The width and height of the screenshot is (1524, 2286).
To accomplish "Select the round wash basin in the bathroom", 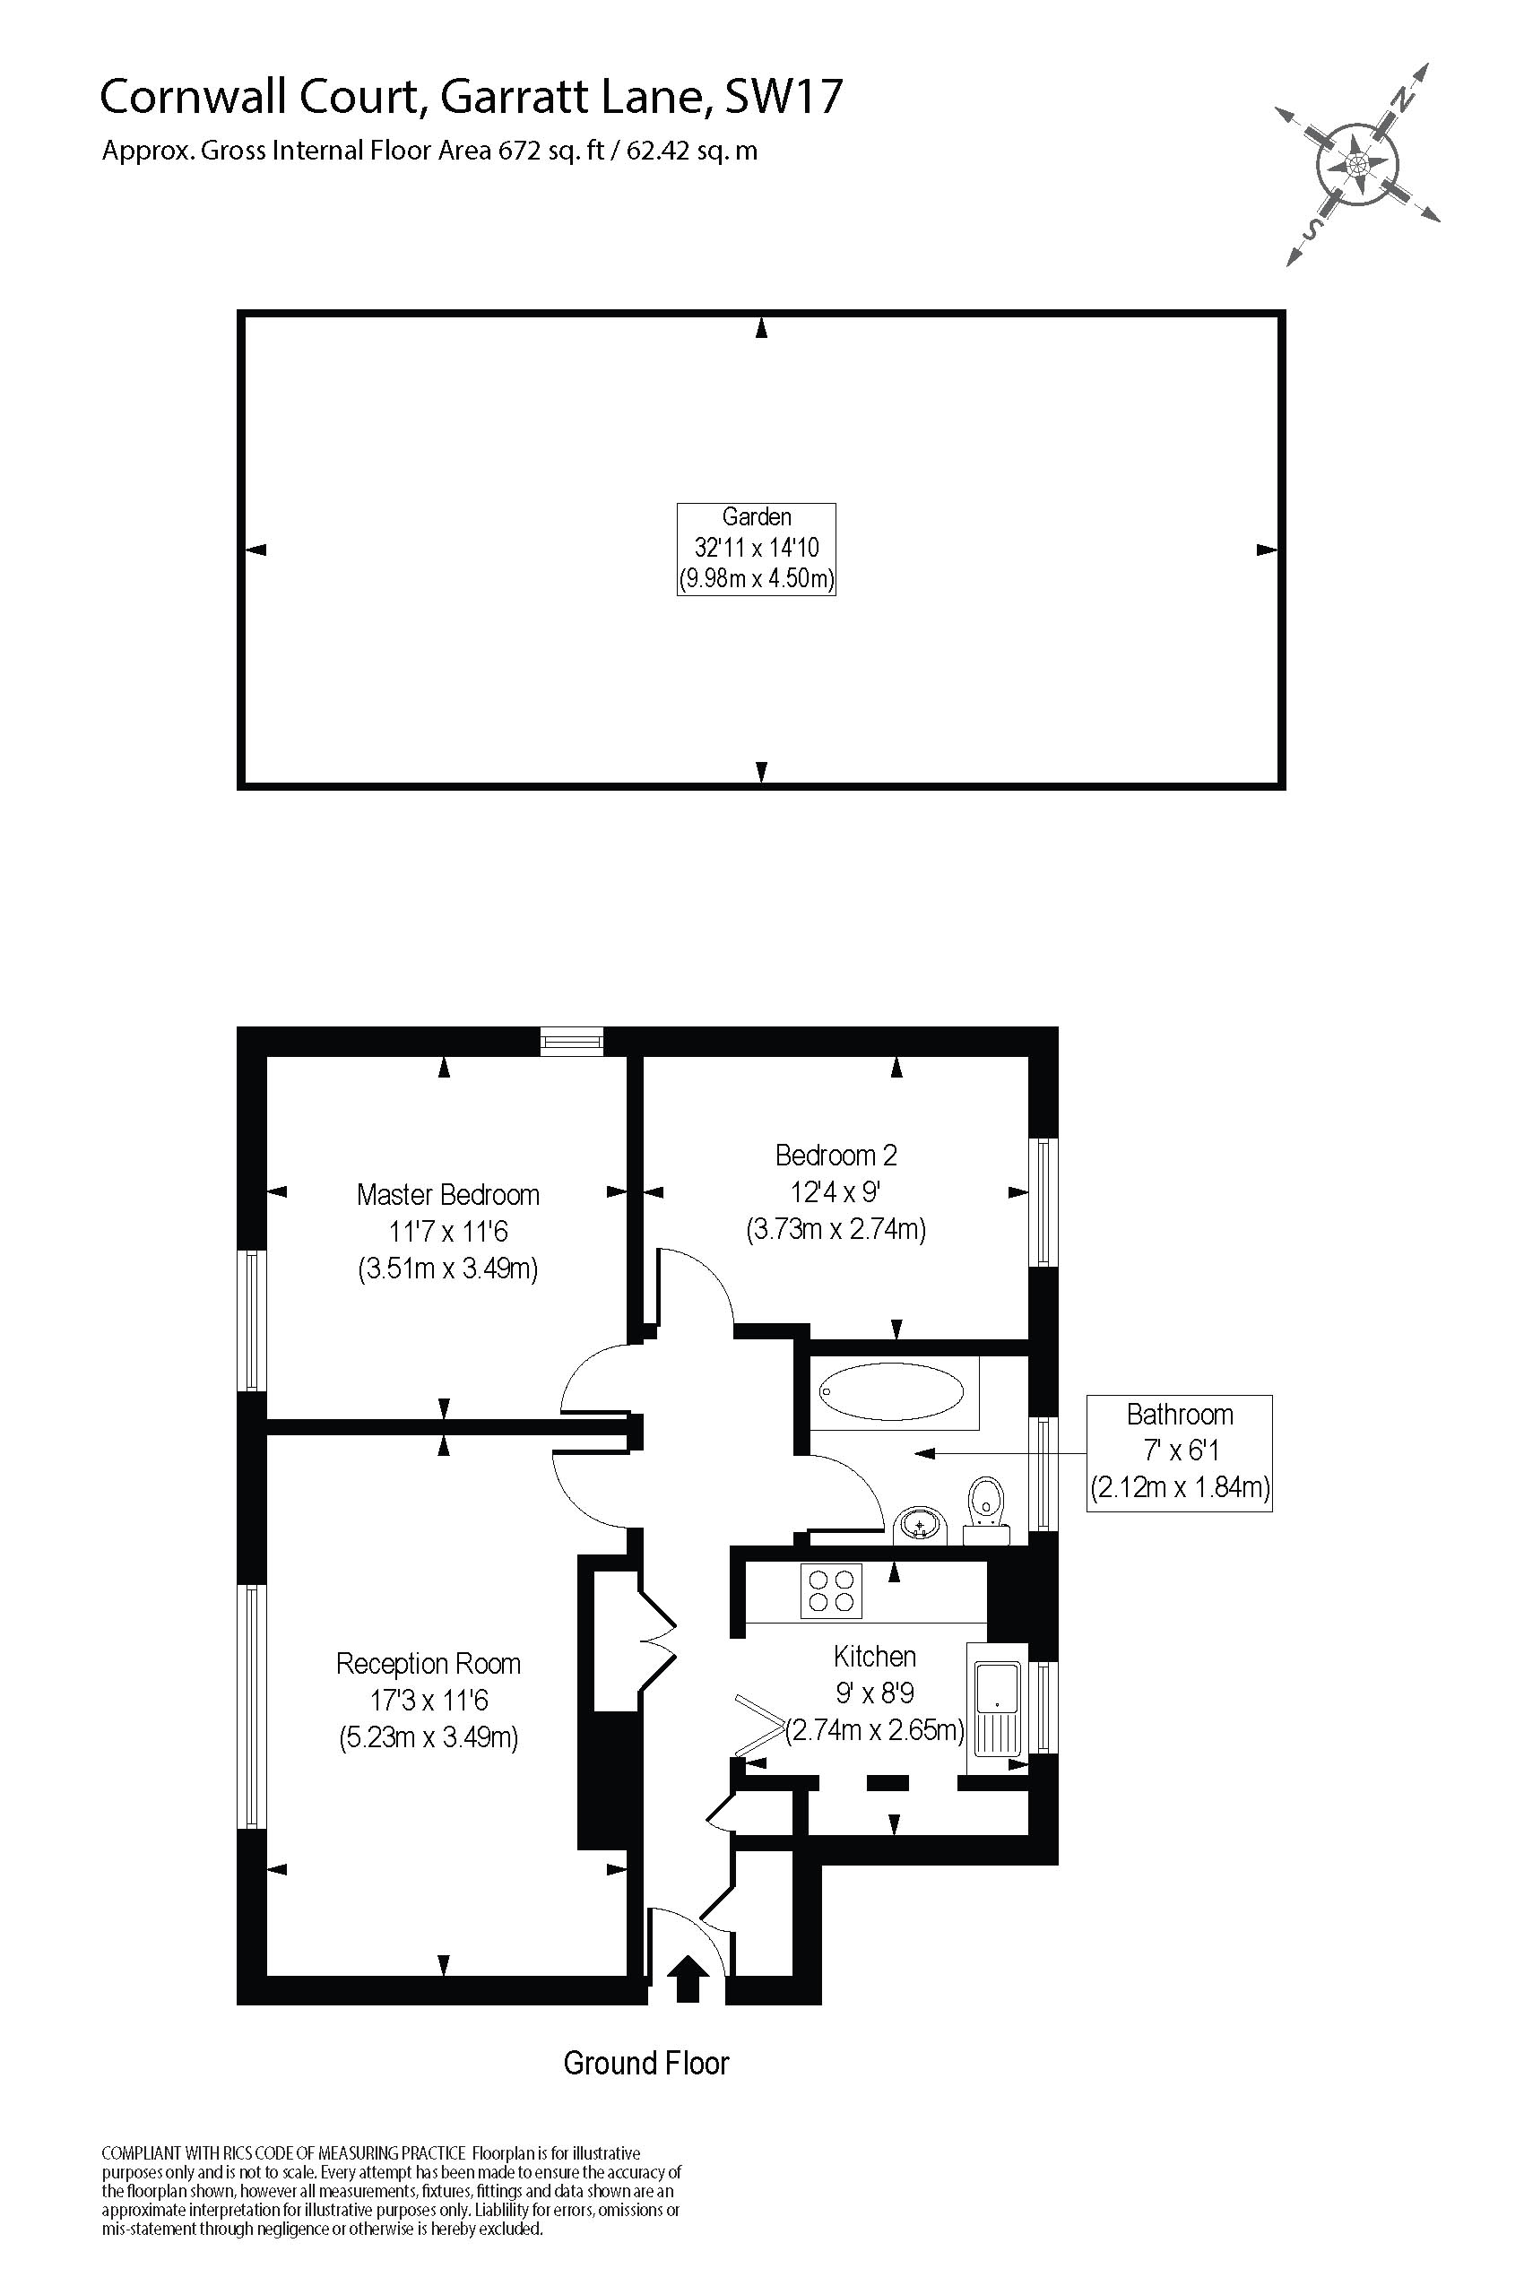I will tap(920, 1524).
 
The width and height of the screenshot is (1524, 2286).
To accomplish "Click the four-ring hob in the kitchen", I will tap(831, 1591).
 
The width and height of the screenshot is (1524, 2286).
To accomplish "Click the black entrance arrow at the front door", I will tap(688, 1979).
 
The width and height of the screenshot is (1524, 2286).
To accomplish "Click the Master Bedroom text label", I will tap(448, 1194).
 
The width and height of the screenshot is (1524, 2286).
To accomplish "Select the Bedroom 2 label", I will tap(836, 1156).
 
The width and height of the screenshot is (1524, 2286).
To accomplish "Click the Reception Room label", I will tap(429, 1664).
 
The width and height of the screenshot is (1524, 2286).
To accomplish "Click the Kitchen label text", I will tap(875, 1656).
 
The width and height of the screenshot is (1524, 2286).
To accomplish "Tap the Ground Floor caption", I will tap(646, 2064).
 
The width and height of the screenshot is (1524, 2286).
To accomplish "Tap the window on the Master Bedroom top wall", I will tap(572, 1042).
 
